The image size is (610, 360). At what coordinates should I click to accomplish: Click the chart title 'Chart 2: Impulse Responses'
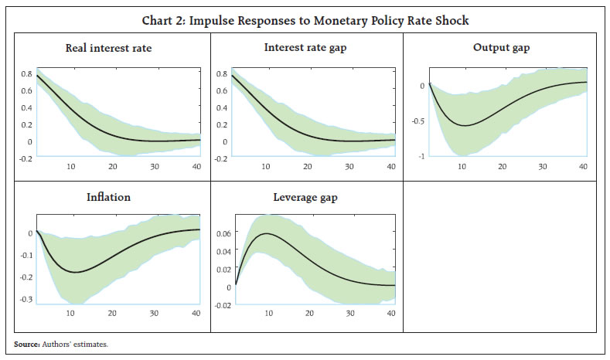pos(305,20)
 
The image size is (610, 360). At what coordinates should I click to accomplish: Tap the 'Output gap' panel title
pos(501,48)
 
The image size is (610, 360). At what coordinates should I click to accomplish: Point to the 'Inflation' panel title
pos(107,197)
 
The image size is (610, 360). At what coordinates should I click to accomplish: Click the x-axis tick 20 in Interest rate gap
pos(307,166)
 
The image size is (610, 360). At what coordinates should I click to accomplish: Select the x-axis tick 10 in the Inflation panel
pos(71,313)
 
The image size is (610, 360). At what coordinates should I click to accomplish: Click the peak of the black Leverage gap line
pos(266,233)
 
